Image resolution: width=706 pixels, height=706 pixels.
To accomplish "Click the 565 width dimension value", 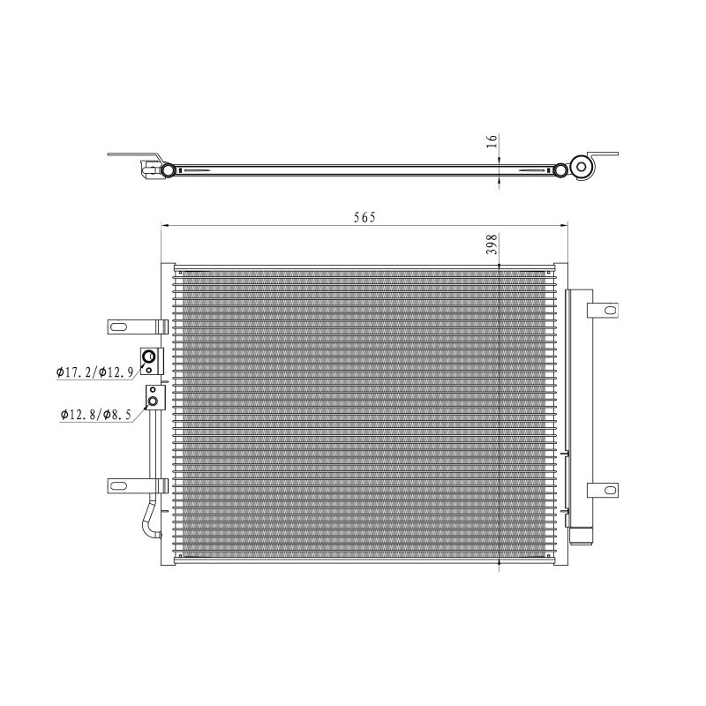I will pos(364,218).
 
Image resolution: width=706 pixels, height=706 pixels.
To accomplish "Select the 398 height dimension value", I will pos(493,244).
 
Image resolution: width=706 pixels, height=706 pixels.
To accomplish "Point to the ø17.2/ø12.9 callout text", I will pos(94,372).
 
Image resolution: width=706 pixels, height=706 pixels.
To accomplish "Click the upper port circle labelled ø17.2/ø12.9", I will pos(151,357).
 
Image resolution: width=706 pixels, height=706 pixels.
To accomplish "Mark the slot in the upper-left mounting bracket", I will pos(119,327).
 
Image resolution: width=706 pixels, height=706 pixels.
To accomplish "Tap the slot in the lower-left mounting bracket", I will pos(119,485).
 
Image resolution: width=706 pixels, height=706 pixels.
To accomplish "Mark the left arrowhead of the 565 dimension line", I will pos(162,227).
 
